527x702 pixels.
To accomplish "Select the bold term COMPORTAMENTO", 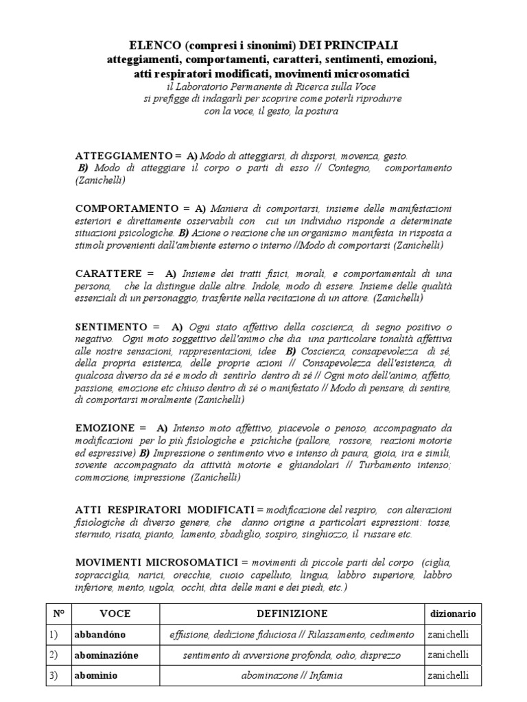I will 127,208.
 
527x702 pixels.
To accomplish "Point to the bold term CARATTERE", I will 110,274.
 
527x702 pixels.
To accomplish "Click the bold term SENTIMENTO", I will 111,327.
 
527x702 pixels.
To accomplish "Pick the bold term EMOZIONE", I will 106,427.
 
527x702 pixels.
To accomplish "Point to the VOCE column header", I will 115,614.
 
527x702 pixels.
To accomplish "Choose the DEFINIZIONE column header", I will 292,614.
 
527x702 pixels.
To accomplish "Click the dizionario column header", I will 452,614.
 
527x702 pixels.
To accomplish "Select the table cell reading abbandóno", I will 102,635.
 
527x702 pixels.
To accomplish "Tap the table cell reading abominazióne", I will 109,655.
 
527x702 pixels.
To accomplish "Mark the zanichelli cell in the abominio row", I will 448,676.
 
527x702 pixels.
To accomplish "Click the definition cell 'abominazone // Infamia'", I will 292,676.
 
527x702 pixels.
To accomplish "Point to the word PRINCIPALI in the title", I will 363,45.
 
